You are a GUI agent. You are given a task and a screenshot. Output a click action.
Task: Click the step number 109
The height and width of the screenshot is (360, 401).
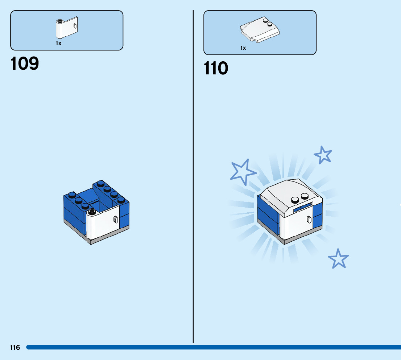click(x=25, y=64)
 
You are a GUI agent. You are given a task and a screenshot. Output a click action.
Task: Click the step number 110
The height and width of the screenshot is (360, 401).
click(x=216, y=69)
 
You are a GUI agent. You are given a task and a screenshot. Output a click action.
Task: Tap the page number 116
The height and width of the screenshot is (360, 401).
click(x=15, y=348)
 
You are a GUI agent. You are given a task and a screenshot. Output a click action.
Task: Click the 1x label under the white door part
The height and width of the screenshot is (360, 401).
click(x=58, y=43)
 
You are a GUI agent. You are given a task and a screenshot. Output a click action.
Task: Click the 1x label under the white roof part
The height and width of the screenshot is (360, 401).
click(x=243, y=48)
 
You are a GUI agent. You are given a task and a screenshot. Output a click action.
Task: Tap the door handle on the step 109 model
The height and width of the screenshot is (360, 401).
click(x=116, y=219)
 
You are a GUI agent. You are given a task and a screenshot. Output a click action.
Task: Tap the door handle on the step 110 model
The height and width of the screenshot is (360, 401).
click(x=309, y=219)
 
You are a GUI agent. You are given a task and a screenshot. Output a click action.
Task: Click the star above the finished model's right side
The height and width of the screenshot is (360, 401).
click(x=323, y=155)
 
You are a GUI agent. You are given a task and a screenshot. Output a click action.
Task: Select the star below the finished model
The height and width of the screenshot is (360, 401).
click(x=338, y=258)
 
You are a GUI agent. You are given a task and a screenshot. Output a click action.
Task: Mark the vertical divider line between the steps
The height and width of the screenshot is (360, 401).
click(x=193, y=181)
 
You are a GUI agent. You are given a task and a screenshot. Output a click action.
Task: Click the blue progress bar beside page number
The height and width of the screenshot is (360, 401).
click(x=218, y=347)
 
